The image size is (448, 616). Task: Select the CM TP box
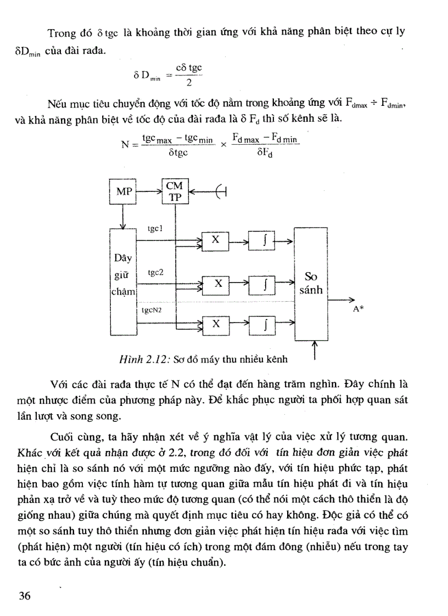tap(175, 191)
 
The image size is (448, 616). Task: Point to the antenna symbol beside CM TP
tap(221, 191)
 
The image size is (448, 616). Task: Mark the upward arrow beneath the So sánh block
tap(314, 349)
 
